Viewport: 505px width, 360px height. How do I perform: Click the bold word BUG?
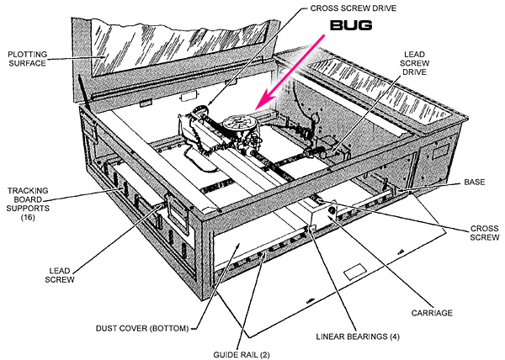(351, 25)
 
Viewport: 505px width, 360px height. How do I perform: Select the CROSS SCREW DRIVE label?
(353, 8)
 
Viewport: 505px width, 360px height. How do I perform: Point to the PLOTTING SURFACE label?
(28, 59)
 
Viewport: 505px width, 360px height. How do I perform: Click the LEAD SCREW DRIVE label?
(414, 63)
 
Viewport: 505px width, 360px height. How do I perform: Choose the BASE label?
(475, 182)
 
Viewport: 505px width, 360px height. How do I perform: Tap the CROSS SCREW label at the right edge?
(485, 233)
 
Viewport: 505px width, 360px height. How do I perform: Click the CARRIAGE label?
(432, 313)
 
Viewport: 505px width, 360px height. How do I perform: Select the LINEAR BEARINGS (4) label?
(358, 336)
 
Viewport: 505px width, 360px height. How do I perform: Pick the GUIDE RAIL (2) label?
(242, 355)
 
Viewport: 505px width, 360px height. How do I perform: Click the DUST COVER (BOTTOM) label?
(142, 329)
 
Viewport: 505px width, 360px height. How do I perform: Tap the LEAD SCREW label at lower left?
(60, 275)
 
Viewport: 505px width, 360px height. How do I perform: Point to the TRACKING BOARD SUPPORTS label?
(28, 199)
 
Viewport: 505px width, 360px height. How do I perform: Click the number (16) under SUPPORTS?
(28, 218)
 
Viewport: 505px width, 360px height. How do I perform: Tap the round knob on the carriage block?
(331, 211)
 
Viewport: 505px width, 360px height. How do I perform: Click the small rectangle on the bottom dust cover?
(355, 273)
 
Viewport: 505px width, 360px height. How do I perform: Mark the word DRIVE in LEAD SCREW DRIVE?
(415, 72)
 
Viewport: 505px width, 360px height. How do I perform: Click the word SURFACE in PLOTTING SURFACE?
(28, 63)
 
